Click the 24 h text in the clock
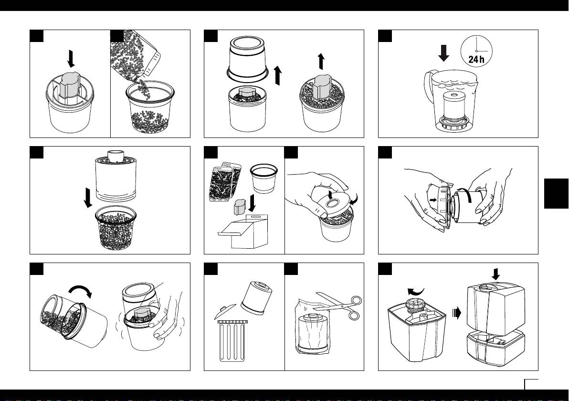[476, 59]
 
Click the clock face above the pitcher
[476, 51]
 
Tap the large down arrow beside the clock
[443, 53]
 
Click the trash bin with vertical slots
[232, 341]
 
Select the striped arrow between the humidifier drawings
[457, 313]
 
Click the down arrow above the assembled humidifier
[495, 274]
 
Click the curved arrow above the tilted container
[80, 290]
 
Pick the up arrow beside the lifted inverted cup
[278, 75]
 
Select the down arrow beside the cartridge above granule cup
[87, 198]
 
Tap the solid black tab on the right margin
[556, 193]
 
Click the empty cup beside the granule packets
[264, 178]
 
